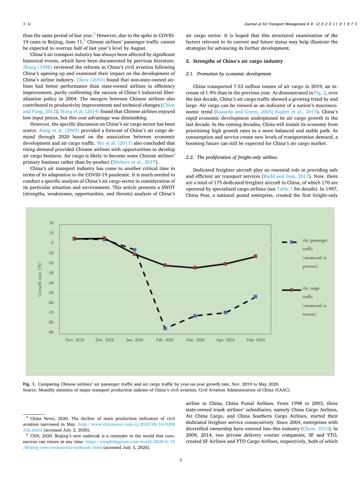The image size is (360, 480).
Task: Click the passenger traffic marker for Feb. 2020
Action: [x=165, y=328]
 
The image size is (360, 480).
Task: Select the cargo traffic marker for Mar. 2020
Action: [x=195, y=268]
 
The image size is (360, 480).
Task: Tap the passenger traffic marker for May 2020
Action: [x=255, y=297]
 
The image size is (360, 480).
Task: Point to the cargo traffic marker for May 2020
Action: [x=255, y=256]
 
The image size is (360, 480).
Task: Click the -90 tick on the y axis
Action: [x=51, y=333]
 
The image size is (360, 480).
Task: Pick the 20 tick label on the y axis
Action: [x=51, y=223]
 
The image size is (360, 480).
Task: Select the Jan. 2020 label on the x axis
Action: [x=135, y=340]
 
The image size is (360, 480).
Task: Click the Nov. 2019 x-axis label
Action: [x=74, y=340]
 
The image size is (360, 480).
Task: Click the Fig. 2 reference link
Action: [x=319, y=93]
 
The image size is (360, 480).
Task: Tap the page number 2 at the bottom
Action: [x=181, y=460]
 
